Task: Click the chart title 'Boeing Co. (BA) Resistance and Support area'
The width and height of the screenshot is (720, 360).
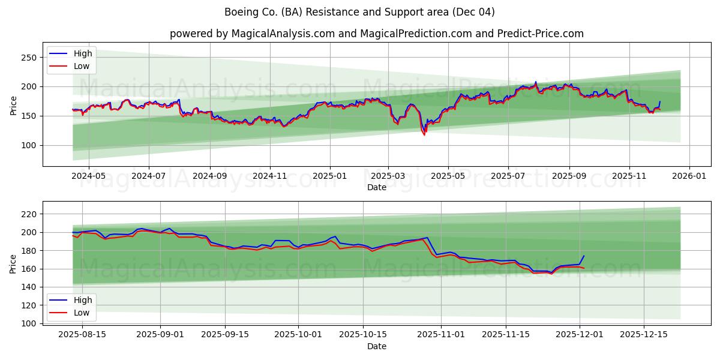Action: coord(359,12)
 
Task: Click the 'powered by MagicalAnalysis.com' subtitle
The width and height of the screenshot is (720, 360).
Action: coord(376,34)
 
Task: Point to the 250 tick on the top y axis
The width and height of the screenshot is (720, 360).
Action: coord(29,58)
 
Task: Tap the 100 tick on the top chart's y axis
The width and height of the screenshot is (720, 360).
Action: coord(29,145)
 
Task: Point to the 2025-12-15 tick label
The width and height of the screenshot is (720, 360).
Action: coord(643,334)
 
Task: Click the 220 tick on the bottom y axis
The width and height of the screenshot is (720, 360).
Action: coord(29,214)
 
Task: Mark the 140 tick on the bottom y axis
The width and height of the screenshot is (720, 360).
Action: coord(29,287)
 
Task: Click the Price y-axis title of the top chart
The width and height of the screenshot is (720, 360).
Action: coord(13,106)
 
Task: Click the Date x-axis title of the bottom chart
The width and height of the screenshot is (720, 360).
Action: coord(376,346)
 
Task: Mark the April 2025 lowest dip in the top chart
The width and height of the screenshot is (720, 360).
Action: coord(424,134)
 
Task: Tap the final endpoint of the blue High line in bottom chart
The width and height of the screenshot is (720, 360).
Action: coord(584,256)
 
